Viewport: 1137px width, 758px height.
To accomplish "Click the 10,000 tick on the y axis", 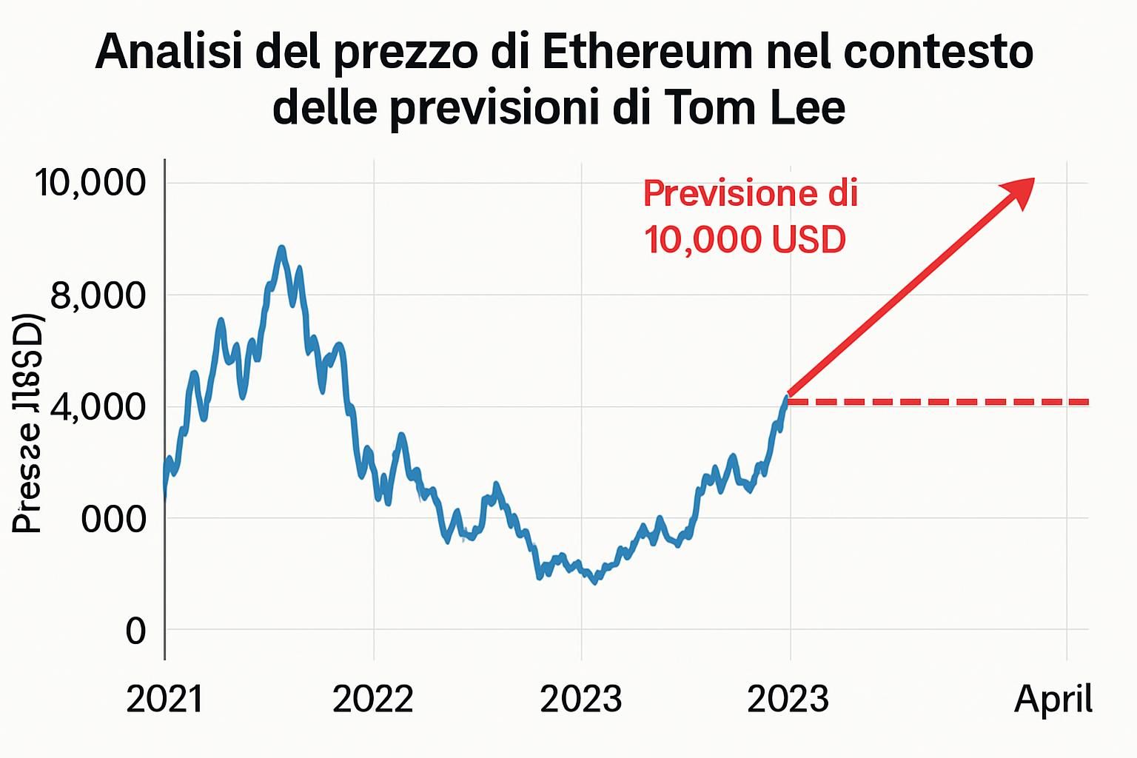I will (x=91, y=182).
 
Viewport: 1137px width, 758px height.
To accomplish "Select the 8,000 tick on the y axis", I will (x=98, y=295).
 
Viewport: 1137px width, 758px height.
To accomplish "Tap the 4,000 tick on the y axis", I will (x=98, y=406).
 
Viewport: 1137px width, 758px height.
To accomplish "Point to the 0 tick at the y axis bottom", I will (x=135, y=631).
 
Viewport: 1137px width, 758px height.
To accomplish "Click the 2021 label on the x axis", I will (x=164, y=699).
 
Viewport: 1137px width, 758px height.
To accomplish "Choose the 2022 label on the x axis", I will (x=373, y=699).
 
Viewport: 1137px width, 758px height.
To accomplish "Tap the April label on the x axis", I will (x=1053, y=699).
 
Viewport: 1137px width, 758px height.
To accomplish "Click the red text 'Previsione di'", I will (x=750, y=193).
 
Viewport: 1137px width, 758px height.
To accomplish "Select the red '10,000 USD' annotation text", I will (x=744, y=240).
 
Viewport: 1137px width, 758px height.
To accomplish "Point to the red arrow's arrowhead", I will (x=1020, y=190).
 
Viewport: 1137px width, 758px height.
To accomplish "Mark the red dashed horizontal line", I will (x=940, y=402).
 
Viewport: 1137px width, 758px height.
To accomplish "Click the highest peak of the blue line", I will (x=281, y=249).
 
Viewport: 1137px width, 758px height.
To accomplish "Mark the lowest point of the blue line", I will (x=594, y=581).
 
